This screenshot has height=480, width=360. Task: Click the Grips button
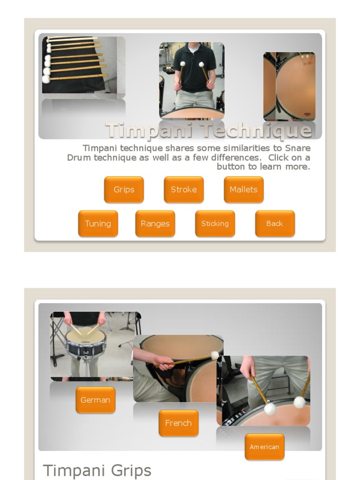point(124,189)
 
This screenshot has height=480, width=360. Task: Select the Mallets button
point(244,189)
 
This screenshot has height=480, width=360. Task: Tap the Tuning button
point(98,224)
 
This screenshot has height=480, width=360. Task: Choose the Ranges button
point(155,224)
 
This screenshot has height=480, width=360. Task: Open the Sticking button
point(215,224)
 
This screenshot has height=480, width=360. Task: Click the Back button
point(275,224)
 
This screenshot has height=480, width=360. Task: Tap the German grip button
point(96,400)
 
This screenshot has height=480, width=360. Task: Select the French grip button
point(179,423)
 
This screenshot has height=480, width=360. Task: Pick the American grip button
point(264,447)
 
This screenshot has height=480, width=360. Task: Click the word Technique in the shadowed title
point(257,130)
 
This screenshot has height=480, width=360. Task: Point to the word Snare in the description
point(298,148)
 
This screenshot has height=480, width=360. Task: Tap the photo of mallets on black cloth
point(83,65)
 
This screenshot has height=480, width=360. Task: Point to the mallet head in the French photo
point(215,355)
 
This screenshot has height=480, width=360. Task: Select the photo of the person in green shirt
point(192,80)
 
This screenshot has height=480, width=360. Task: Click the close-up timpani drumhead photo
point(289,86)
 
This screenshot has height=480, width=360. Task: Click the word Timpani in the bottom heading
point(75,471)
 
